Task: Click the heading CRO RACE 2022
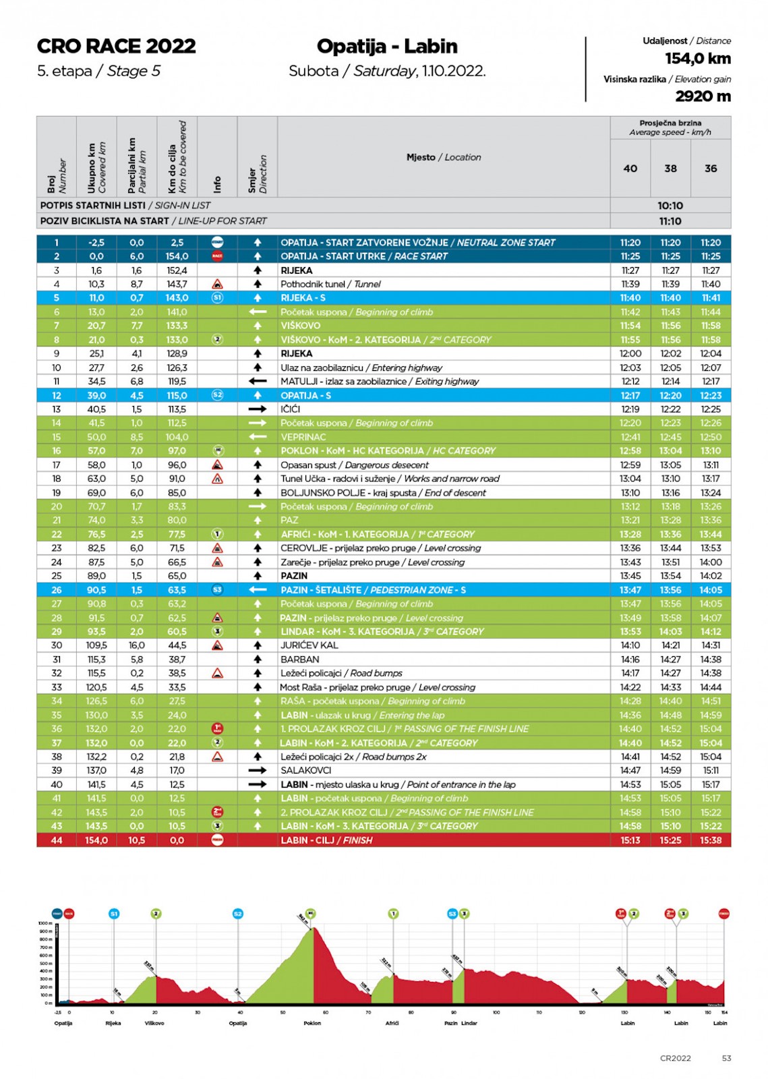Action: (116, 46)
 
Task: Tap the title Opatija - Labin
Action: (387, 46)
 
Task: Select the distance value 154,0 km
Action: (697, 59)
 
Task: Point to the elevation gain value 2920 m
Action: (703, 96)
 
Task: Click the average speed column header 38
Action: (670, 169)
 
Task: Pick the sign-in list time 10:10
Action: (670, 206)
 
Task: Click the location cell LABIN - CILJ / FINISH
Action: (326, 840)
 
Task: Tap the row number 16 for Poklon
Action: (57, 450)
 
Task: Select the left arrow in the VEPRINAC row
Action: (257, 437)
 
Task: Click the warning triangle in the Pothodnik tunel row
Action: (217, 285)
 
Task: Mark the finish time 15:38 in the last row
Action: (711, 840)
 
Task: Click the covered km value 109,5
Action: (96, 645)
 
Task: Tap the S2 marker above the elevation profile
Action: (237, 914)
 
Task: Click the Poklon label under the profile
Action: (312, 1023)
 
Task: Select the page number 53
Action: (726, 1058)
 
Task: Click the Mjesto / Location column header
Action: (444, 157)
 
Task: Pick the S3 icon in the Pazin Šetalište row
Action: (217, 590)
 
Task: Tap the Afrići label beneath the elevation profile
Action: (392, 1023)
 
